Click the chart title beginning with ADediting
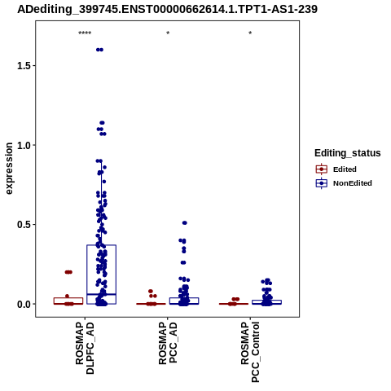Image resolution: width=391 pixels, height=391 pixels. [167, 9]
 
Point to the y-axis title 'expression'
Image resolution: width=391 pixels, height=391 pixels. [9, 169]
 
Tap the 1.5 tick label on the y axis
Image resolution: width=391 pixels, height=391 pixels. [23, 66]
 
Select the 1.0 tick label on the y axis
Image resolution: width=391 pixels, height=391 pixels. [23, 145]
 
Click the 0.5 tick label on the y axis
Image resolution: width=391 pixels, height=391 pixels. [23, 225]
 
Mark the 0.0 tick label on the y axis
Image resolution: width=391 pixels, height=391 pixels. [23, 304]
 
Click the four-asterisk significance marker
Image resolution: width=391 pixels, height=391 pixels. [85, 33]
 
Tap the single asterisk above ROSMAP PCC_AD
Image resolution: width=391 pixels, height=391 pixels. [168, 33]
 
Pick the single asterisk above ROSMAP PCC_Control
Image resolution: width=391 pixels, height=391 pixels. [250, 33]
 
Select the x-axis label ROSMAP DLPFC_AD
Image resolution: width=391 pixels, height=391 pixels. [85, 348]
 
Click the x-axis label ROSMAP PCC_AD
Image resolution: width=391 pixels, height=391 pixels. [168, 343]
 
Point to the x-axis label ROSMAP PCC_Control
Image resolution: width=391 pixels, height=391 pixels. [250, 352]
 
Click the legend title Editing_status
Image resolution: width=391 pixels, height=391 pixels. [348, 153]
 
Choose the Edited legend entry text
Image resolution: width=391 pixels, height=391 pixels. [345, 169]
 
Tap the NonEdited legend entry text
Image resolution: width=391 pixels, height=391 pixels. [353, 183]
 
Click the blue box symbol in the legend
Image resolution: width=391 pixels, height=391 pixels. [322, 183]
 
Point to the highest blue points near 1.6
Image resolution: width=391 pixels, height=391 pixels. [99, 50]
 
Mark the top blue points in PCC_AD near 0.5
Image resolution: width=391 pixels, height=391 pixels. [185, 223]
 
